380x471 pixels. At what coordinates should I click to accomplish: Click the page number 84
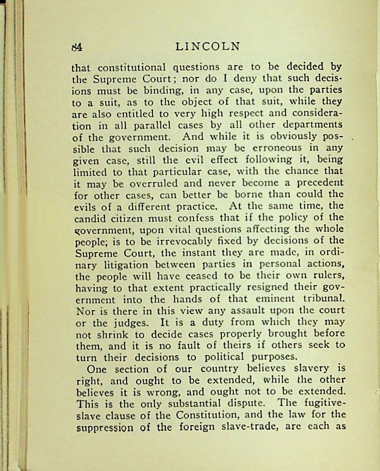(77, 47)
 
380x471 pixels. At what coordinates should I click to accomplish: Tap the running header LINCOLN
(208, 46)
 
